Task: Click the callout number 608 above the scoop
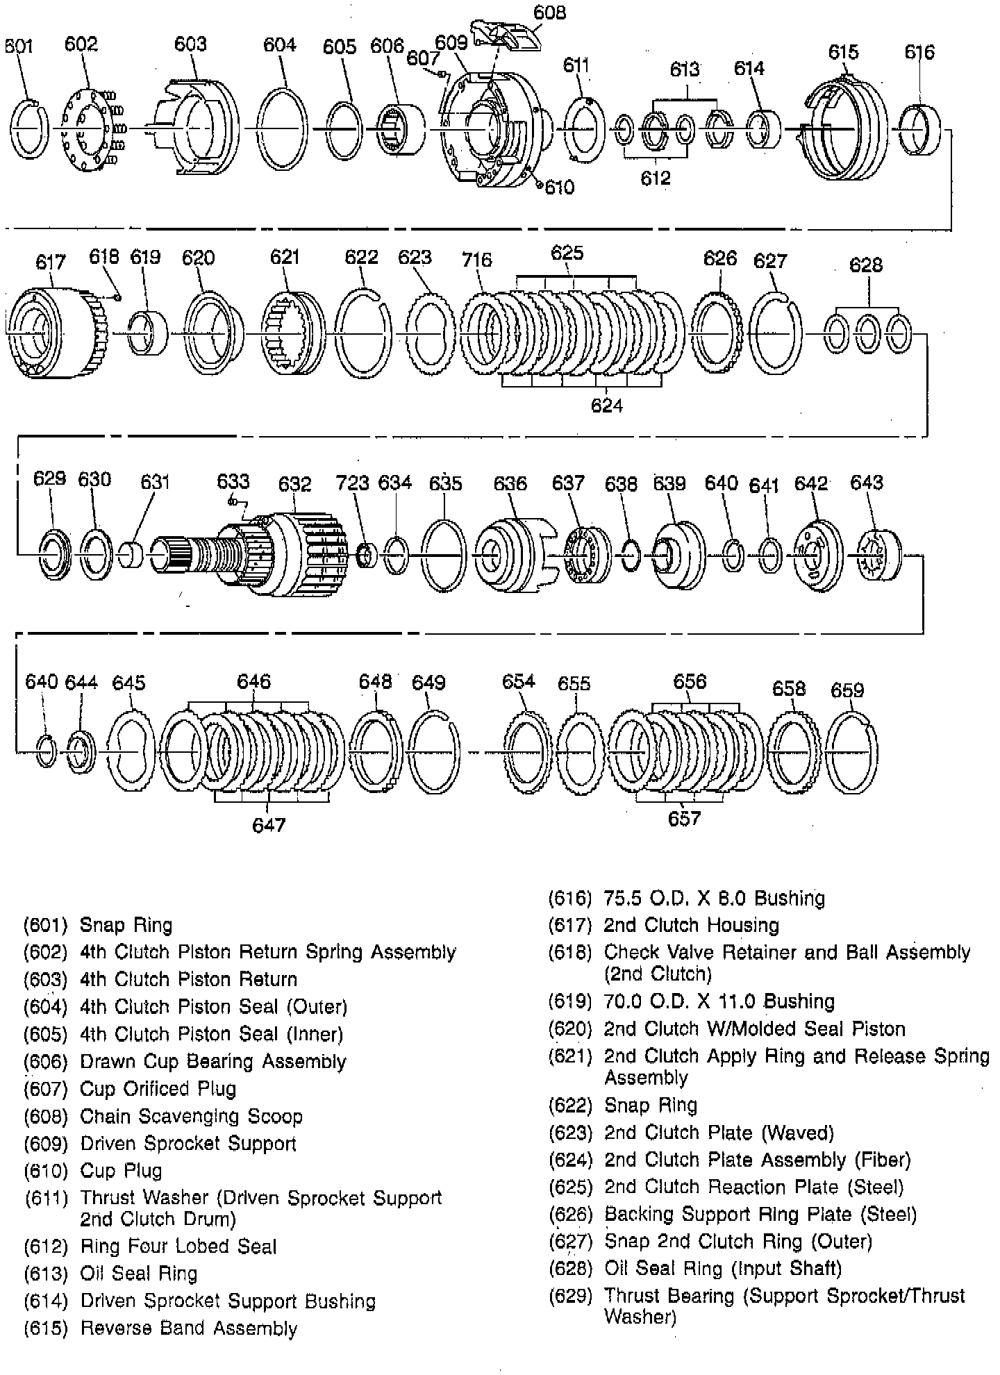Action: click(549, 12)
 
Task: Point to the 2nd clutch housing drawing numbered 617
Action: click(49, 333)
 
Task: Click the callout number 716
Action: click(476, 260)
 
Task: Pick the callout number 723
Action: click(352, 483)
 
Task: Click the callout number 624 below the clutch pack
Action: click(606, 405)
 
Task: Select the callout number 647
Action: click(269, 824)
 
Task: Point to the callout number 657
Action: click(684, 819)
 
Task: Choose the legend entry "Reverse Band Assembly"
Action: click(189, 1328)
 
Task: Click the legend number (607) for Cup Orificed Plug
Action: click(46, 1089)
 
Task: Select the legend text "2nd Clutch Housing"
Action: click(691, 925)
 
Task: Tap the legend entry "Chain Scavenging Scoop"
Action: click(191, 1116)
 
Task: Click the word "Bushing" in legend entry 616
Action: click(790, 898)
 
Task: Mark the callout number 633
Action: click(233, 481)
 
